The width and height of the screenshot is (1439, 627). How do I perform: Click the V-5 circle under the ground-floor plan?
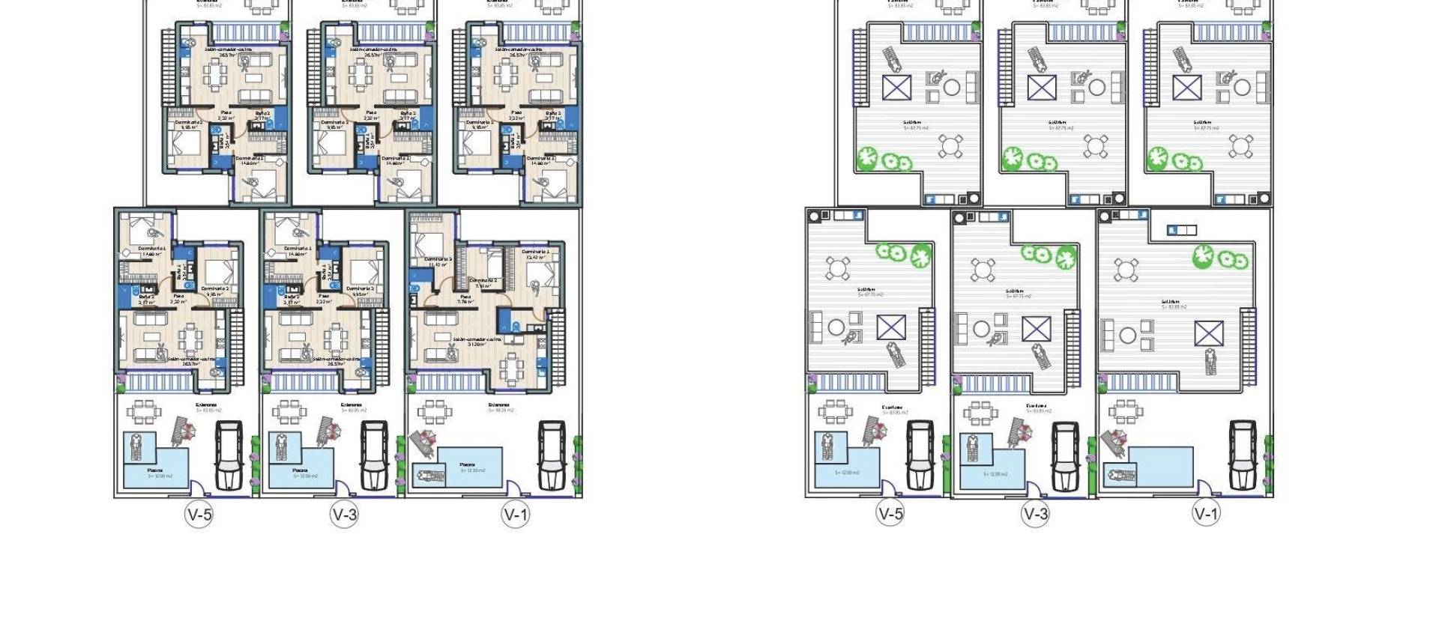point(199,514)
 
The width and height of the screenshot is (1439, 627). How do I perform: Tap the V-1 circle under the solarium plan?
point(1206,513)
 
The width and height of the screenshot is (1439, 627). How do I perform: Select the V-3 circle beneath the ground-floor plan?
point(344,514)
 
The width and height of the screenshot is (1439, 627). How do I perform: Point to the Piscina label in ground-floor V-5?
point(155,470)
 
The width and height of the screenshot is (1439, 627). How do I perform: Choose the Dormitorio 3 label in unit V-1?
point(438,260)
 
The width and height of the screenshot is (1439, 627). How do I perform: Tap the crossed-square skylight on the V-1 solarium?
point(1209,333)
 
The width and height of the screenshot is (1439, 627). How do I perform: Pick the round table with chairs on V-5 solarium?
point(836,267)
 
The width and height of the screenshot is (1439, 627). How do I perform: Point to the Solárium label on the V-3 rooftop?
point(1015,291)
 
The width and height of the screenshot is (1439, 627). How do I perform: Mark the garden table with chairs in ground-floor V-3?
point(288,411)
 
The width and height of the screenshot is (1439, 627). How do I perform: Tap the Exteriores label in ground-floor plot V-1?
point(499,406)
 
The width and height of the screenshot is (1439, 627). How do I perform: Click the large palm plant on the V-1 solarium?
point(1203,257)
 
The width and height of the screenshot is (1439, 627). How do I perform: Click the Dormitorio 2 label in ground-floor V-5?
point(215,289)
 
